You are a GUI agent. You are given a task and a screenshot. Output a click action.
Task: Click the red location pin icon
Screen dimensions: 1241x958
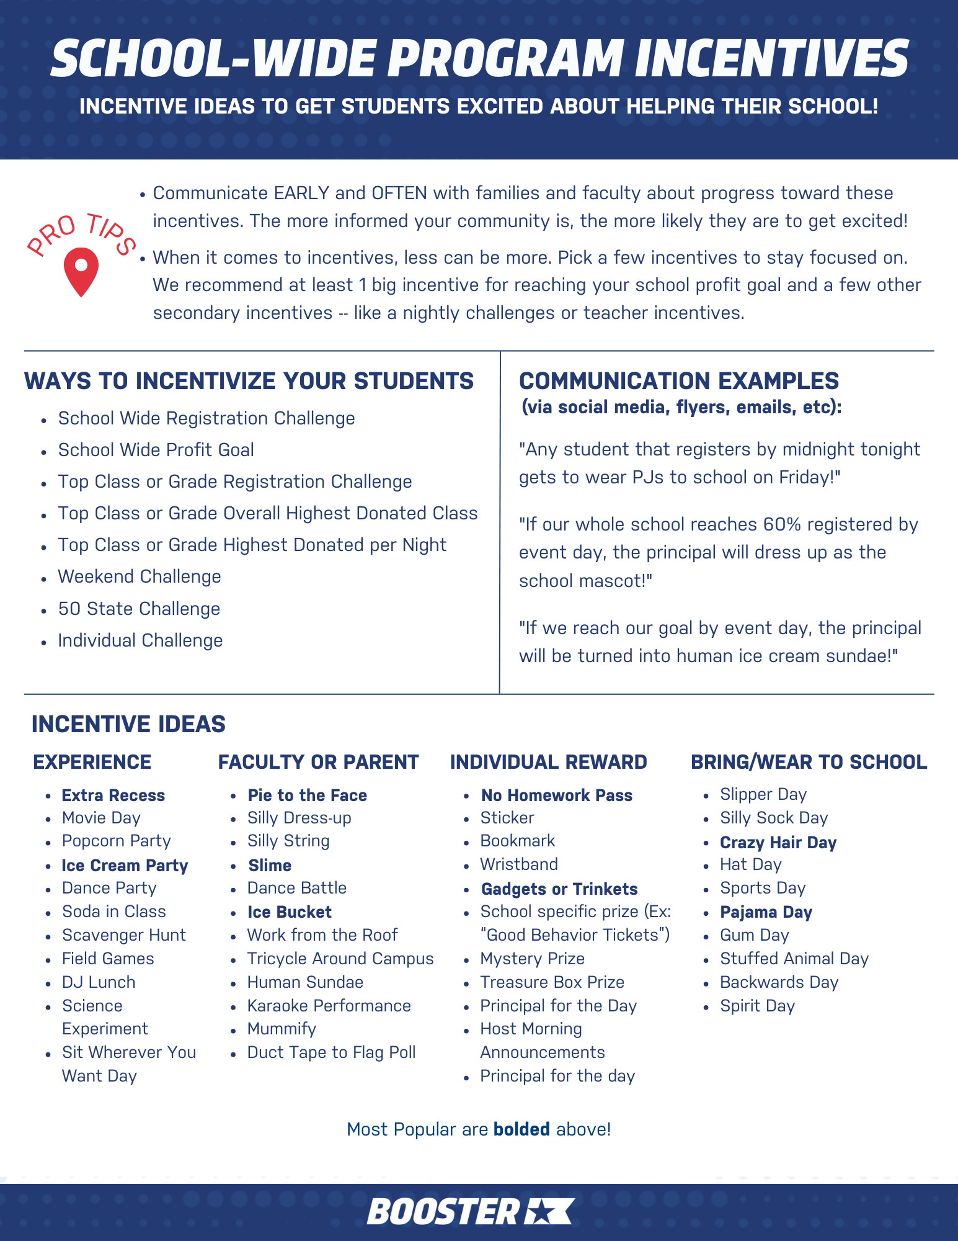pyautogui.click(x=81, y=271)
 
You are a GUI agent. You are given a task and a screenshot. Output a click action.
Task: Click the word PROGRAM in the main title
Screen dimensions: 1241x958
pyautogui.click(x=505, y=59)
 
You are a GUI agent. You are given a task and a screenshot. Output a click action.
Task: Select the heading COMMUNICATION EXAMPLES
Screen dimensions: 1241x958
pyautogui.click(x=679, y=380)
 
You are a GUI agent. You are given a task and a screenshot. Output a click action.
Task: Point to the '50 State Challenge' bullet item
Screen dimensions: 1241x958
pyautogui.click(x=139, y=609)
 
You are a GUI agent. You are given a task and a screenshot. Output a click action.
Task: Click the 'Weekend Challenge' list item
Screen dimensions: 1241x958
pyautogui.click(x=140, y=576)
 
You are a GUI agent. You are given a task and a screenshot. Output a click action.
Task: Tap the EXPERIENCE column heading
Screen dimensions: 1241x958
pyautogui.click(x=92, y=762)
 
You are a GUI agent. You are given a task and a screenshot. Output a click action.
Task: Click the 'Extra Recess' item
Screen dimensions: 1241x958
pyautogui.click(x=113, y=795)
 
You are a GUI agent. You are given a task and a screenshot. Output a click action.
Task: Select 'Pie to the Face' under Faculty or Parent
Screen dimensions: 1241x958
pyautogui.click(x=307, y=795)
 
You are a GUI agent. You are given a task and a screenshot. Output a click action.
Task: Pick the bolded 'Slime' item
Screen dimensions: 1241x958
pyautogui.click(x=270, y=866)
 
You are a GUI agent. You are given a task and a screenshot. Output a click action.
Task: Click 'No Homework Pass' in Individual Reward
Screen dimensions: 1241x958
pyautogui.click(x=557, y=795)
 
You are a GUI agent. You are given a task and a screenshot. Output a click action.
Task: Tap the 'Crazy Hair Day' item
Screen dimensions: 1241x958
pyautogui.click(x=778, y=843)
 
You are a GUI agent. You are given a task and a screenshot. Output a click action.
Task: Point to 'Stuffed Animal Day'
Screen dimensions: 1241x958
pyautogui.click(x=794, y=959)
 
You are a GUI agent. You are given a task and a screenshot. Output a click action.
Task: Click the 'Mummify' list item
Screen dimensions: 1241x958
pyautogui.click(x=282, y=1029)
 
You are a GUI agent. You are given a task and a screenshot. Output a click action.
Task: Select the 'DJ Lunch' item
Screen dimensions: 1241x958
pyautogui.click(x=99, y=982)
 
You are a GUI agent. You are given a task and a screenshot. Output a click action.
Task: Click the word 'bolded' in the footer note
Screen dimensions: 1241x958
pyautogui.click(x=521, y=1129)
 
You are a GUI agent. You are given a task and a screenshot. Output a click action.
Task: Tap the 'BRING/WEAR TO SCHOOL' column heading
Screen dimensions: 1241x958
pyautogui.click(x=809, y=762)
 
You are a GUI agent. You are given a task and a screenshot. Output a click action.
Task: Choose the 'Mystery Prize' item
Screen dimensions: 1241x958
pyautogui.click(x=532, y=959)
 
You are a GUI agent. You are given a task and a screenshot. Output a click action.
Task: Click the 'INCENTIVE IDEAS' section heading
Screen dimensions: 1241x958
pyautogui.click(x=128, y=724)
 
